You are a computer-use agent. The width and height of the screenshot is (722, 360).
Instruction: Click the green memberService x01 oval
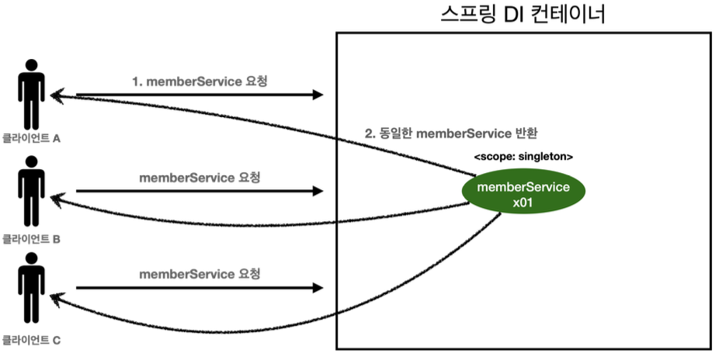[x=523, y=192]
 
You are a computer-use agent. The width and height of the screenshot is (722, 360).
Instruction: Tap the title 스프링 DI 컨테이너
[x=522, y=14]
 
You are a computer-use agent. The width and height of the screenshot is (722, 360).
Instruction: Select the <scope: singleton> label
[x=523, y=157]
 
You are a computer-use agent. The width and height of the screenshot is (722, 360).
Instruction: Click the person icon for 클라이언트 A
[x=31, y=95]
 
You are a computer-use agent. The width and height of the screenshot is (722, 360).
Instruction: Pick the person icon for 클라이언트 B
[x=31, y=191]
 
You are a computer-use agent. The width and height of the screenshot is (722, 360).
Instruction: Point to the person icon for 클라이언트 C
[x=31, y=288]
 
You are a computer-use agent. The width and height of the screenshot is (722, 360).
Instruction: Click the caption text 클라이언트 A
[x=31, y=139]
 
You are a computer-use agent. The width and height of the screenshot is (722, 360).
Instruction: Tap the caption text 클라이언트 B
[x=31, y=240]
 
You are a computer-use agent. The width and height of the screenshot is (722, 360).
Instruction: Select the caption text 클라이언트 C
[x=31, y=341]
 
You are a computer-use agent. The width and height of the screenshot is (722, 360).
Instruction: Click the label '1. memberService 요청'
[x=200, y=81]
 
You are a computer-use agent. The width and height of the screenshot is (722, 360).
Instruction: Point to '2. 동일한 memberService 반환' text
[x=452, y=134]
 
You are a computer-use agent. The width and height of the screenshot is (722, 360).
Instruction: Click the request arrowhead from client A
[x=318, y=95]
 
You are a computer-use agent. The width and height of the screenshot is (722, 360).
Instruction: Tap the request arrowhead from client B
[x=318, y=191]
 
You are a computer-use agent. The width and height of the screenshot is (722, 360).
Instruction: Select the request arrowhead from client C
[x=318, y=288]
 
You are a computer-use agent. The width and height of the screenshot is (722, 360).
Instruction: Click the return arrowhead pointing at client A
[x=56, y=95]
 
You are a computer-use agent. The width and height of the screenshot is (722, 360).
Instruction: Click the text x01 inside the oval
[x=523, y=202]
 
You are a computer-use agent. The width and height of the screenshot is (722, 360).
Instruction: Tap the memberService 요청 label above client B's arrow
[x=200, y=178]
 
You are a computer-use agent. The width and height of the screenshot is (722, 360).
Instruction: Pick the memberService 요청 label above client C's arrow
[x=200, y=275]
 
